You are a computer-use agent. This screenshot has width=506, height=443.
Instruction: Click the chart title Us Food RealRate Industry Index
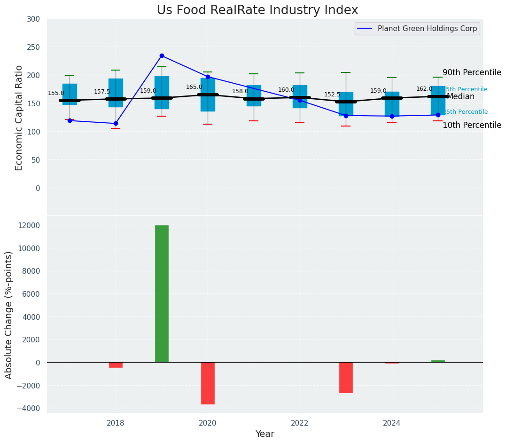(x=257, y=10)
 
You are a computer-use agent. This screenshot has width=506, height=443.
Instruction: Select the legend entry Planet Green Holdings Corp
(x=427, y=29)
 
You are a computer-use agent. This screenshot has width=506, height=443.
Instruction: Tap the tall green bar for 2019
(x=162, y=294)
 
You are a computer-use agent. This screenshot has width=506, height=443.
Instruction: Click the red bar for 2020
(x=208, y=383)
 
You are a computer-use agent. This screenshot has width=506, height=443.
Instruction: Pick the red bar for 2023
(x=346, y=378)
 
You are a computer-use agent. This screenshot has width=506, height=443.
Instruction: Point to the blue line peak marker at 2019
(x=162, y=56)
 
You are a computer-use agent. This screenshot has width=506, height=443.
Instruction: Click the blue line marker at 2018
(x=116, y=124)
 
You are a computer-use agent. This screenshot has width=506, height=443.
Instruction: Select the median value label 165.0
(x=194, y=87)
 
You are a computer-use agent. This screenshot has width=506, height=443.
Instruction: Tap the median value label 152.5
(x=332, y=95)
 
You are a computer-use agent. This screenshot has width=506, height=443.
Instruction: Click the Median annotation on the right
(x=460, y=97)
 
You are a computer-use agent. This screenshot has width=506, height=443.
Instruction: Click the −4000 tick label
(x=28, y=408)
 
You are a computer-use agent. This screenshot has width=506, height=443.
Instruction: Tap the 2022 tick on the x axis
(x=300, y=423)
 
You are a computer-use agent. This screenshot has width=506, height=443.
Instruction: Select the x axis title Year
(x=265, y=434)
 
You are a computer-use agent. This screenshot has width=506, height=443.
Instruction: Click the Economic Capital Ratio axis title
(x=19, y=118)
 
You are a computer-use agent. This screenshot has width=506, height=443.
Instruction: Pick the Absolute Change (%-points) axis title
(x=9, y=315)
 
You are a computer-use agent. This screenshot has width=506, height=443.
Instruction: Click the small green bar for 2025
(x=438, y=361)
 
